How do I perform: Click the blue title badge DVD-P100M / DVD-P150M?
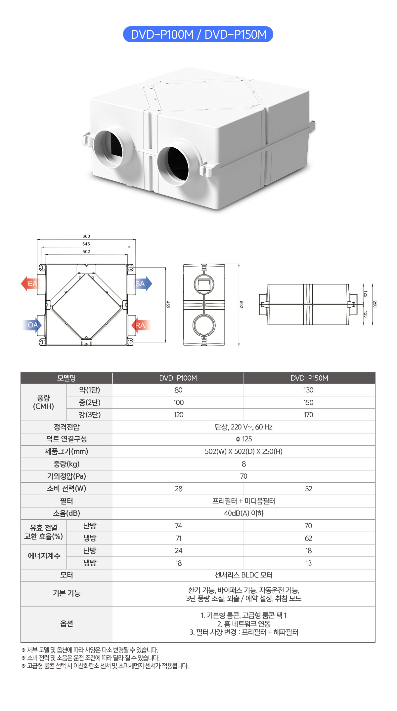coord(198,34)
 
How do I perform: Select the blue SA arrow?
coord(144,283)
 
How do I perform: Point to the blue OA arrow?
coord(32,325)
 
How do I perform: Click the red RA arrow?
coord(141,325)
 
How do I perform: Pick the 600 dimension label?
coord(86,236)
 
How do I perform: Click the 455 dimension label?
coord(168,304)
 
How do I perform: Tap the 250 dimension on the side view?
coord(375,304)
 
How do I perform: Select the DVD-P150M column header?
coord(309,378)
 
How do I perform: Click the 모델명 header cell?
coord(66,378)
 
